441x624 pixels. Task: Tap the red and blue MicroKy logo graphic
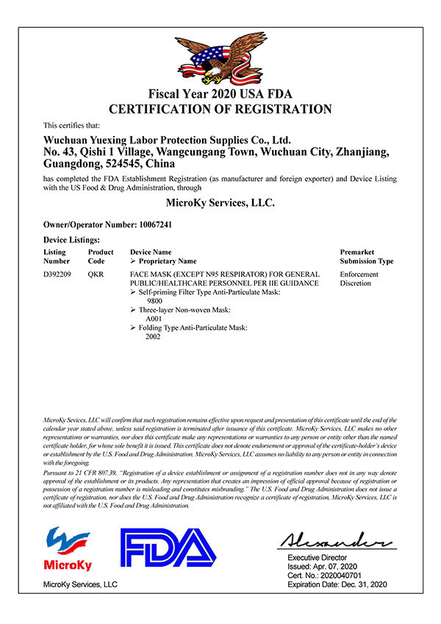coord(69,543)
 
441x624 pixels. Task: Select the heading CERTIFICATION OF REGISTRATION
coord(220,110)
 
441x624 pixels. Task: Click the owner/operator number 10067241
coord(153,223)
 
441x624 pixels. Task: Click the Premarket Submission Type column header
coord(366,257)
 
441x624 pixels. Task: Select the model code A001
coord(154,319)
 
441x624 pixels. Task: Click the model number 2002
coord(154,337)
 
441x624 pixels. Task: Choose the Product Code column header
coord(101,257)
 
